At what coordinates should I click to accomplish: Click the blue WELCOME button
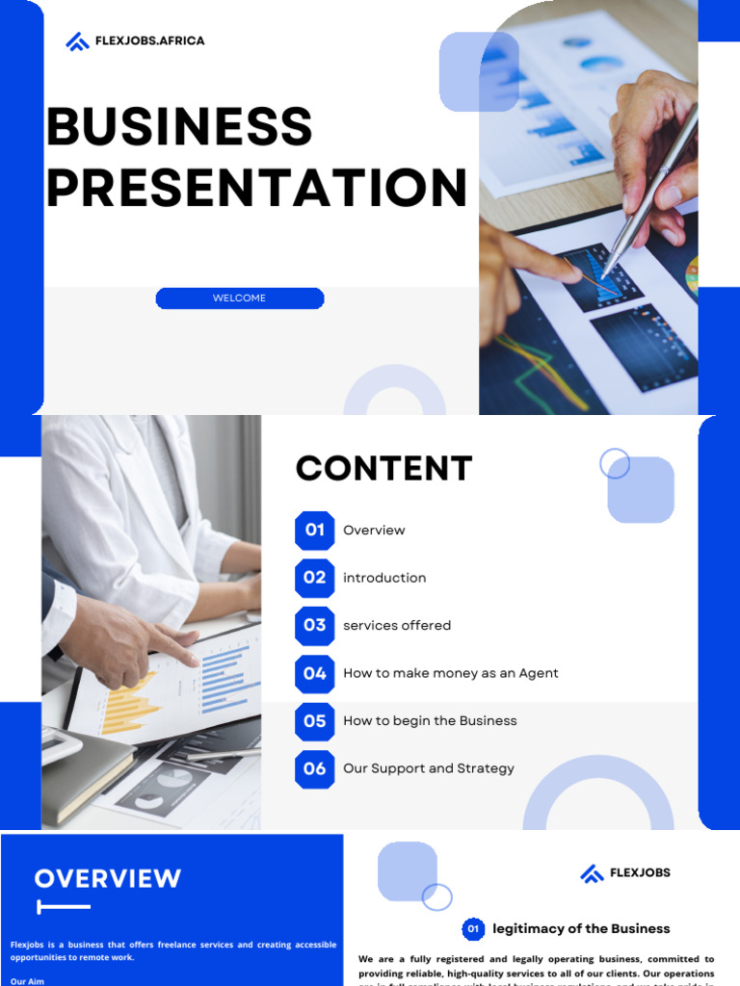(240, 298)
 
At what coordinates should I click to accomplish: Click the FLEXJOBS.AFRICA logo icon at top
(77, 41)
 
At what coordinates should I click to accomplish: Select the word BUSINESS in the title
(179, 127)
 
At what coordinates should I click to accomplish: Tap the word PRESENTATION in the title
(256, 188)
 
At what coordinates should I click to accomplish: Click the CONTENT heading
(383, 469)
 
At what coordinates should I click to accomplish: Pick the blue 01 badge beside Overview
(315, 531)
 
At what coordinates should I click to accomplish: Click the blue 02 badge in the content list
(315, 578)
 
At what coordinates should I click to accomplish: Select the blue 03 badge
(315, 626)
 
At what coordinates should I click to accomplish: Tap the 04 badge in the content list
(315, 673)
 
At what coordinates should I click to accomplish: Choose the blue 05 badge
(315, 721)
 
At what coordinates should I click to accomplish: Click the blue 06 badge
(315, 768)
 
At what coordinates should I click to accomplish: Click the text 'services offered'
(397, 626)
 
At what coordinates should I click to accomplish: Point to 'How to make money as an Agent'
(451, 673)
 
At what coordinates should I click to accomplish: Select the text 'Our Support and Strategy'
(429, 768)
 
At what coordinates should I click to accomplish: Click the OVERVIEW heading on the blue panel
(108, 878)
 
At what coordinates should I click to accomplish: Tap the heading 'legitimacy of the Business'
(581, 929)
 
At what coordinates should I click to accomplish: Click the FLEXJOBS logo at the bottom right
(625, 873)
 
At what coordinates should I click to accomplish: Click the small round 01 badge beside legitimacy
(473, 929)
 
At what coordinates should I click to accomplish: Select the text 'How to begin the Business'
(430, 721)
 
